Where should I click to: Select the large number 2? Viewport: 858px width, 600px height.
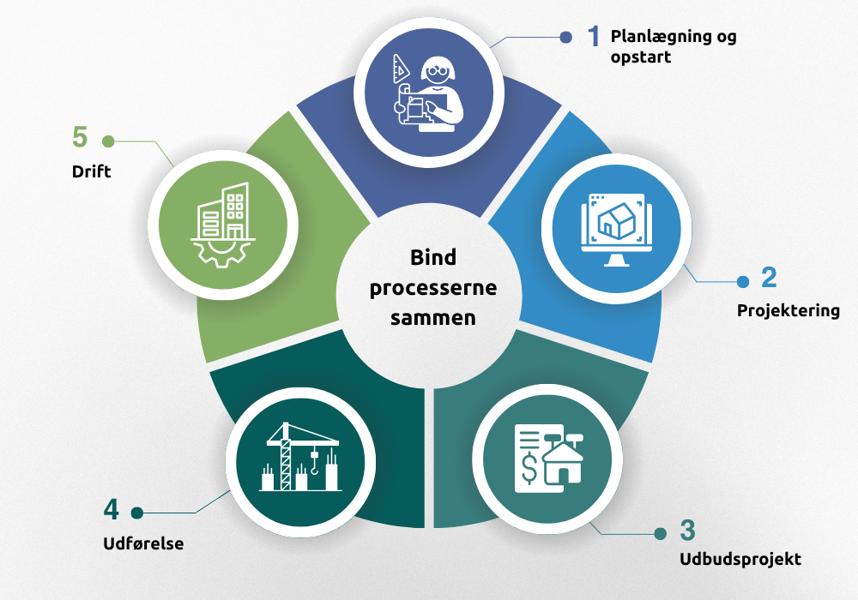(x=768, y=278)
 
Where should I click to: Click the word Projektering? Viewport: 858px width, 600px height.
(x=788, y=310)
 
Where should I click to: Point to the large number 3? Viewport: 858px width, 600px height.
(x=687, y=530)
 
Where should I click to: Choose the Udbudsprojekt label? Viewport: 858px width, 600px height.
(x=740, y=560)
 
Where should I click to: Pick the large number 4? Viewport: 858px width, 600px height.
(x=112, y=510)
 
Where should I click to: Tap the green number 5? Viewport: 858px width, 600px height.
(x=81, y=137)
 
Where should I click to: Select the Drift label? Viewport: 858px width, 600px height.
(x=91, y=171)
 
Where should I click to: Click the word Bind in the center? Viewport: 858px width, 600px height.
(x=433, y=258)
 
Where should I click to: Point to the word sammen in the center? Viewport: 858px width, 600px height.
(x=433, y=318)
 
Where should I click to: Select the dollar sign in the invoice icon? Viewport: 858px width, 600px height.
(x=529, y=468)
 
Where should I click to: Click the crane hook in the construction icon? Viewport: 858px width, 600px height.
(x=315, y=468)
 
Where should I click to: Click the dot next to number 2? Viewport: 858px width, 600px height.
(x=744, y=280)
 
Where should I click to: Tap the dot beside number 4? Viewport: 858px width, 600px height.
(x=136, y=513)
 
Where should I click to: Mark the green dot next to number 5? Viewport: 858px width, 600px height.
(x=107, y=140)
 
